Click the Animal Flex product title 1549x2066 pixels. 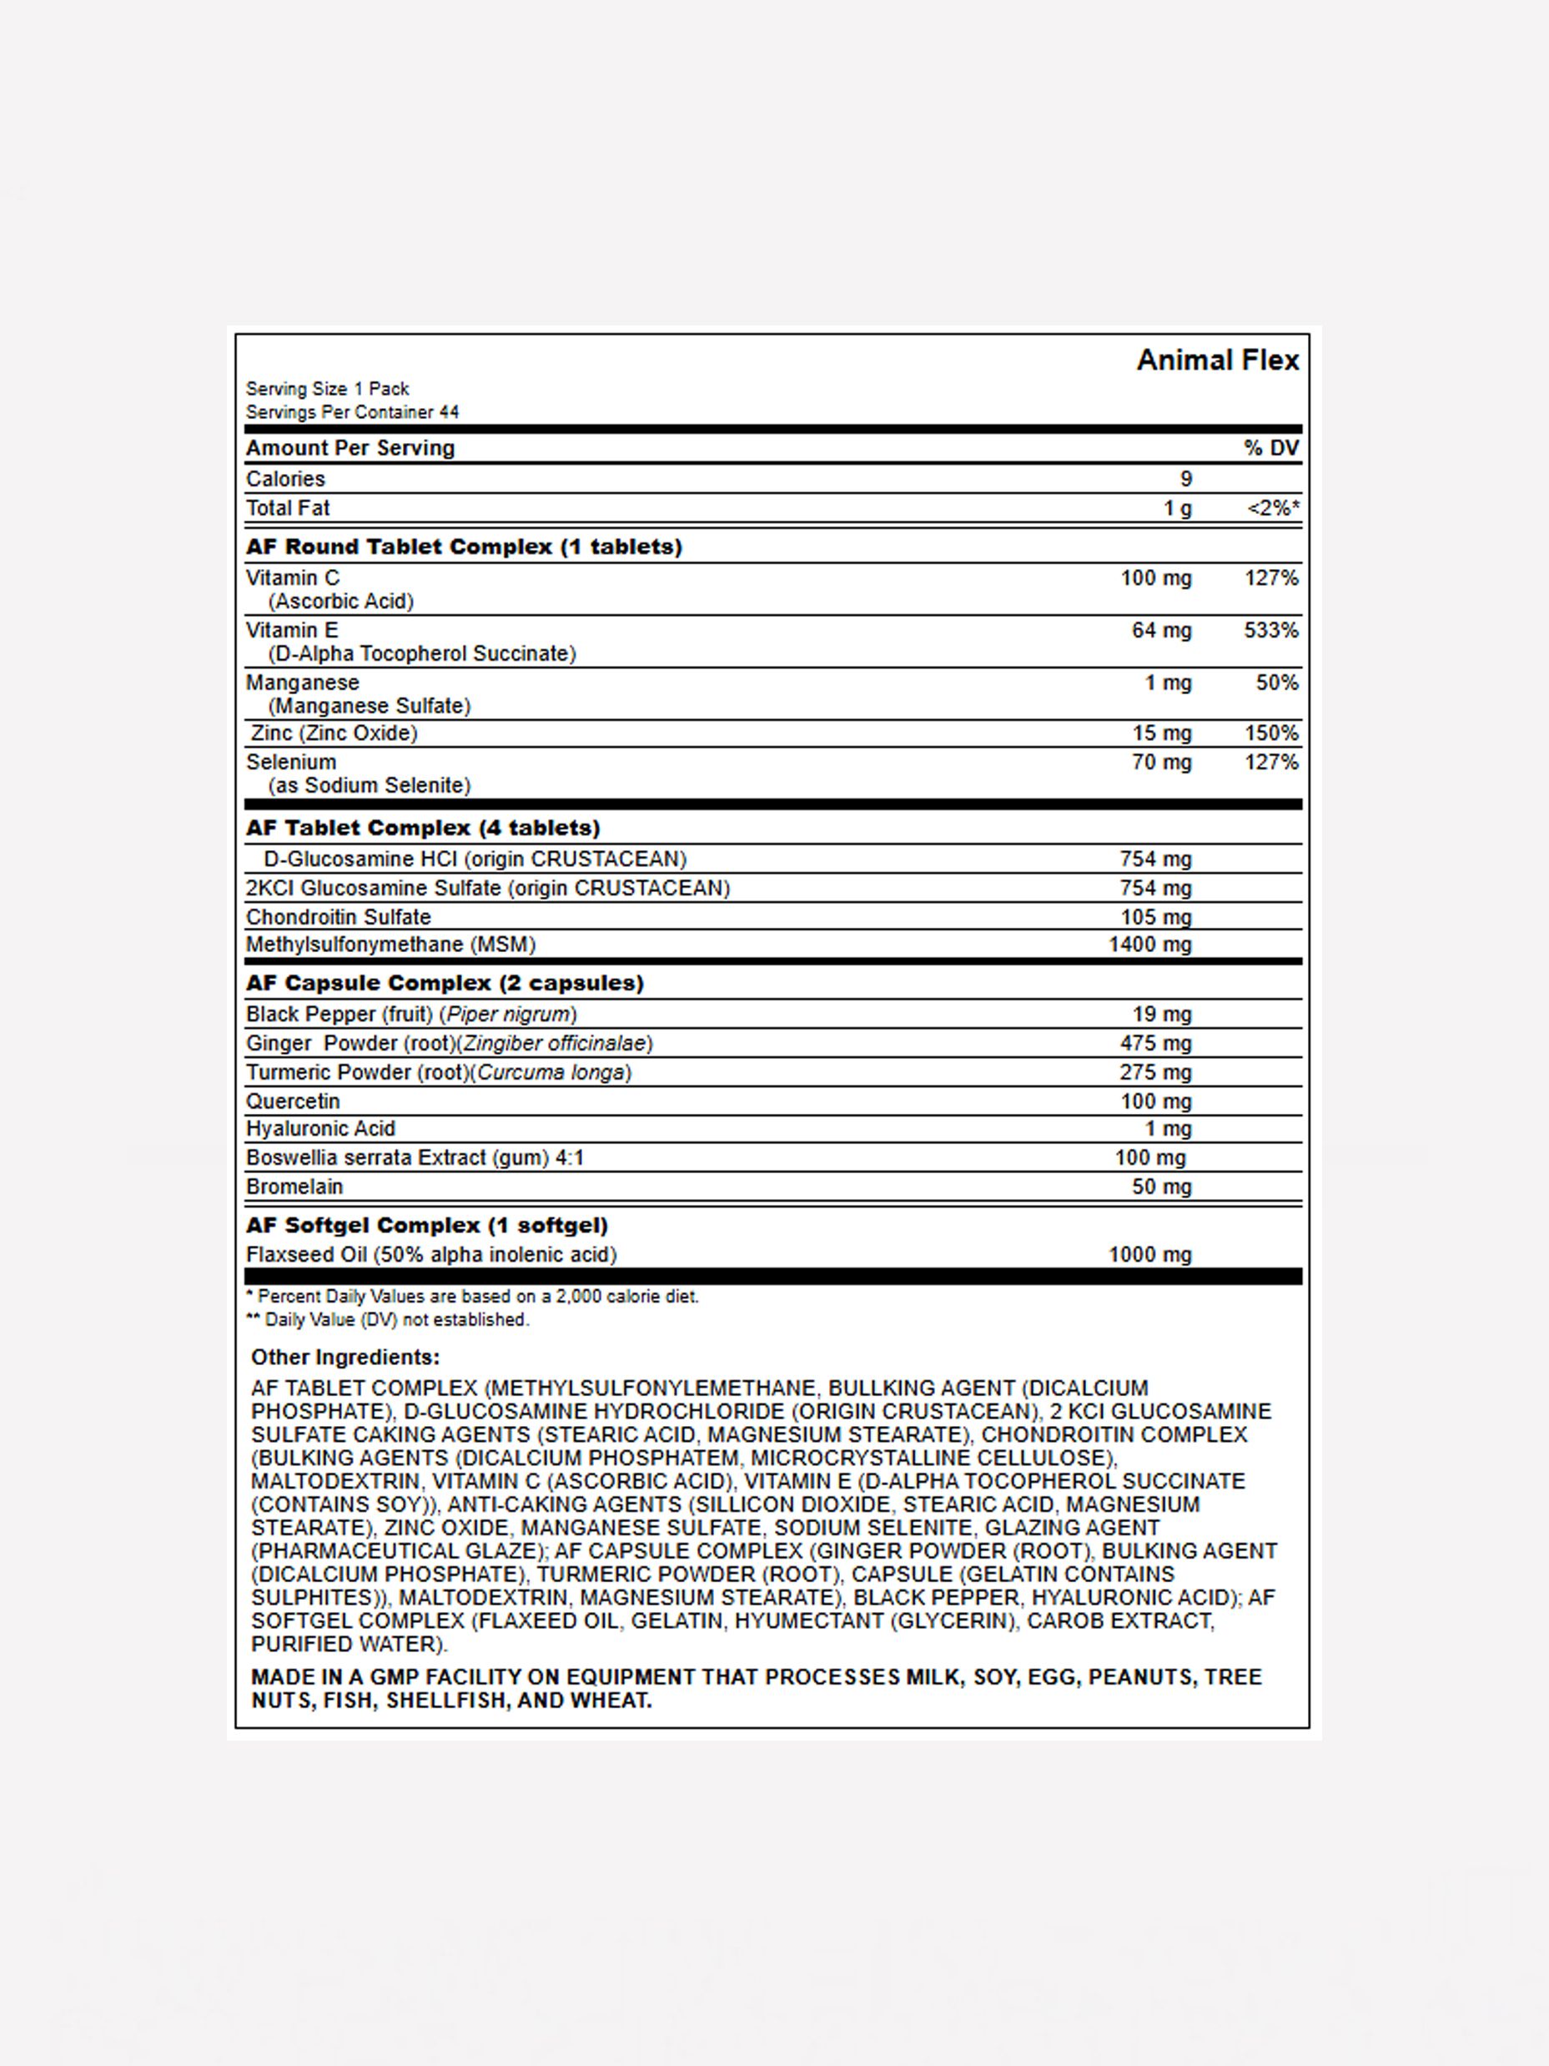click(1217, 360)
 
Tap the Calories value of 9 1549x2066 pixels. click(1186, 479)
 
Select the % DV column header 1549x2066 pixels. click(1270, 448)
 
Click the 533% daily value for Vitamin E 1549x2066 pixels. click(1270, 631)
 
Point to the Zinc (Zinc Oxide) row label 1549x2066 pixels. click(334, 733)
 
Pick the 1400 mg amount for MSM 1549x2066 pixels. click(1150, 945)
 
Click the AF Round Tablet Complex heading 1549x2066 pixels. click(464, 547)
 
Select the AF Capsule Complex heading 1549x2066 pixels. click(445, 984)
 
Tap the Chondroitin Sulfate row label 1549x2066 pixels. click(338, 917)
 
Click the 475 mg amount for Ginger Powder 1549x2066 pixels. click(1156, 1043)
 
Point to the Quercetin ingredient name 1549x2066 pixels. click(293, 1101)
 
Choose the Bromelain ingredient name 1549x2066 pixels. click(294, 1187)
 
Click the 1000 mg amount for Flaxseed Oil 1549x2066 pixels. click(1150, 1254)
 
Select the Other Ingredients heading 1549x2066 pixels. click(345, 1357)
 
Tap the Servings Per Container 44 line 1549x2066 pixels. click(352, 412)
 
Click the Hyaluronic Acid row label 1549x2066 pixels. click(320, 1128)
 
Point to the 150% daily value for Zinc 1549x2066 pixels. click(1270, 733)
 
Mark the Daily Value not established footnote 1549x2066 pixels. click(388, 1320)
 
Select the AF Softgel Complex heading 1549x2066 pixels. click(427, 1226)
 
